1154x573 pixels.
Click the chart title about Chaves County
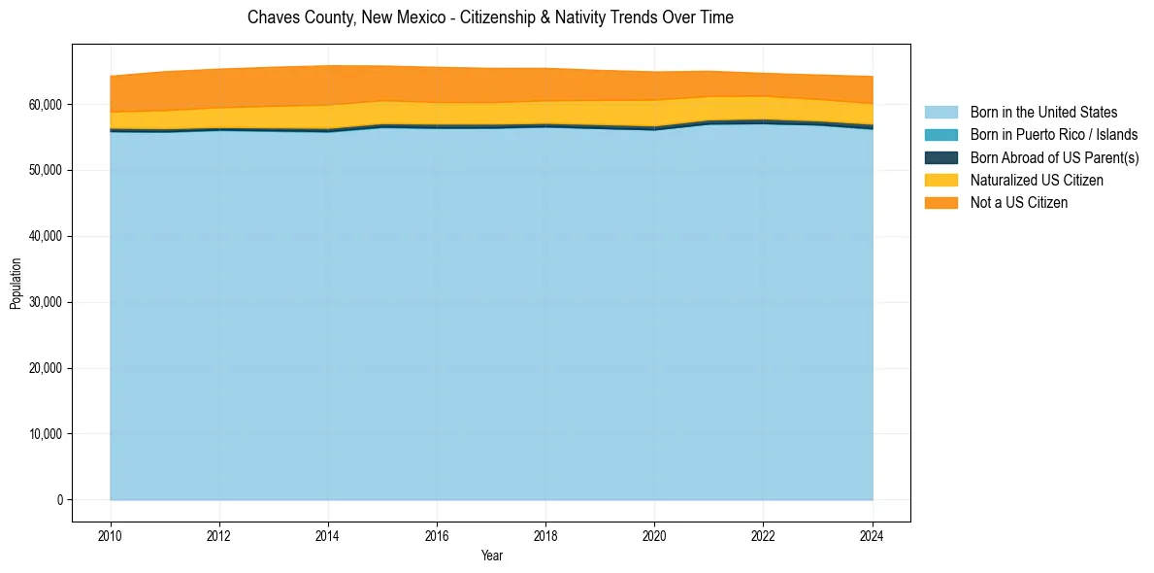490,17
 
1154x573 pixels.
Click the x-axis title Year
491,556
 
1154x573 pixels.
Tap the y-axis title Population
16,284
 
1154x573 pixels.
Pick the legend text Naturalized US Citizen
1037,180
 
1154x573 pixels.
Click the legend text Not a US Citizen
1018,202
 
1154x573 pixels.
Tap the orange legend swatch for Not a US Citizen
940,202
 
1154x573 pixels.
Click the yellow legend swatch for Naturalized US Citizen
940,180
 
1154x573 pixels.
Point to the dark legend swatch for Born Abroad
940,157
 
